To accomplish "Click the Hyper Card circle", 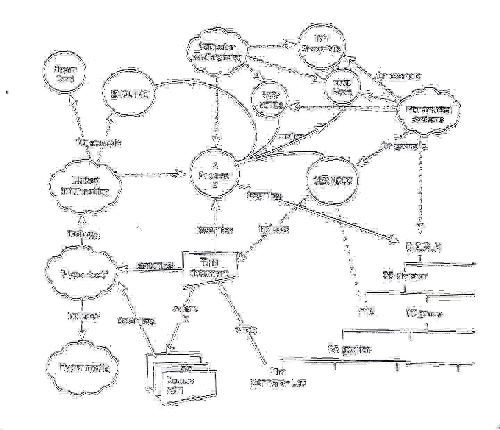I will (x=65, y=74).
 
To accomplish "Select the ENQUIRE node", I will (x=130, y=95).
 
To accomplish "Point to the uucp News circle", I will (x=342, y=88).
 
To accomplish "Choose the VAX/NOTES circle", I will (x=271, y=101).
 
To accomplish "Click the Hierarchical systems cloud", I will (x=429, y=114).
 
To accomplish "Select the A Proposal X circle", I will (x=215, y=176).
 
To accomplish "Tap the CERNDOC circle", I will (x=333, y=181).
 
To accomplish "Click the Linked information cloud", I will (x=85, y=186).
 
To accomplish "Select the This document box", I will (x=210, y=268).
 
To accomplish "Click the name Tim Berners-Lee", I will (x=278, y=378).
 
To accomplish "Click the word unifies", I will (x=291, y=136).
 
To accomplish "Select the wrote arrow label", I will (x=246, y=330).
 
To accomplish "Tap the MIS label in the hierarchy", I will (x=366, y=312).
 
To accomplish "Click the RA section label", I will (x=349, y=349).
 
